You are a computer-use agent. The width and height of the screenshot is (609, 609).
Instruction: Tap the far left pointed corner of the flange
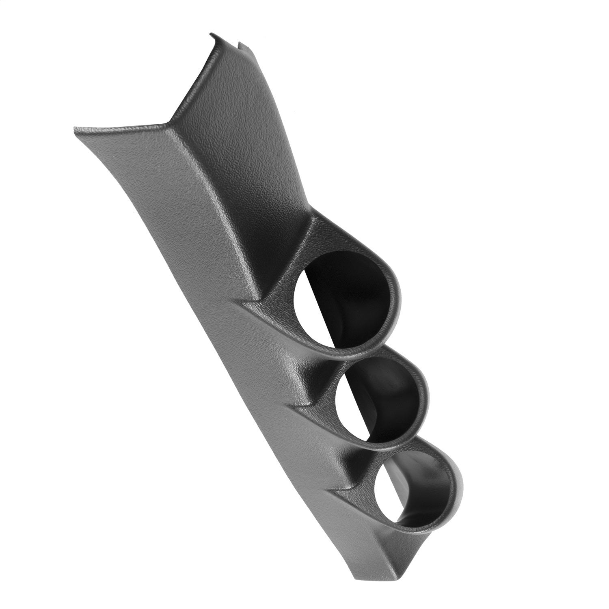point(76,129)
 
